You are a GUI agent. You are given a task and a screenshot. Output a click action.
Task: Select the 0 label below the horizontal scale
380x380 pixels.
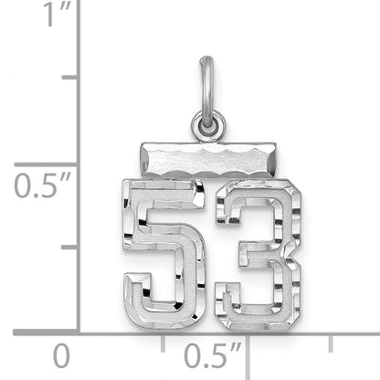point(61,355)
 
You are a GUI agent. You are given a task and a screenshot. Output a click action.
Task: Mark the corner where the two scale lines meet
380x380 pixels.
point(79,332)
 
